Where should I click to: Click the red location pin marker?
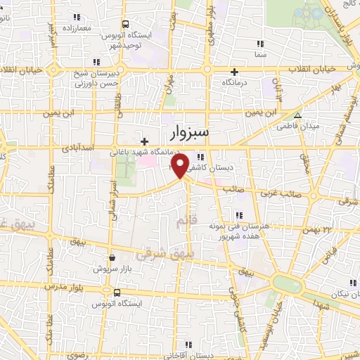(179, 165)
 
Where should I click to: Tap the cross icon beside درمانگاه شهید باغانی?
(144, 141)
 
